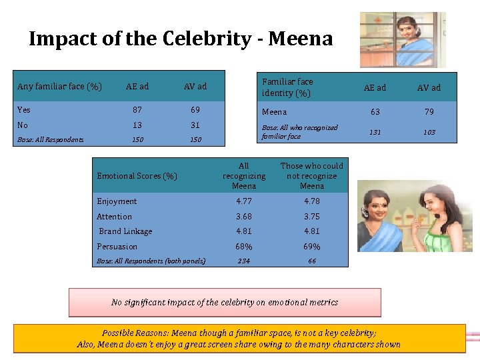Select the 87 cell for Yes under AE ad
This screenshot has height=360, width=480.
pos(137,110)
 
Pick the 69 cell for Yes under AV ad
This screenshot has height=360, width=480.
pos(195,110)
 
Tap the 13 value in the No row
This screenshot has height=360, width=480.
pos(137,125)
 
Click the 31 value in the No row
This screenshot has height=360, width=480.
pos(195,125)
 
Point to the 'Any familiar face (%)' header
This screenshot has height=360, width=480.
pos(59,86)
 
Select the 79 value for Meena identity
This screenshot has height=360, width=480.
pos(429,112)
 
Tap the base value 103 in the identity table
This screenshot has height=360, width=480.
pos(429,132)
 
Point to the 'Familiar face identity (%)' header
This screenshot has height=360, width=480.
pos(287,87)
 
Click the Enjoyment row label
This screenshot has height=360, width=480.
pos(117,201)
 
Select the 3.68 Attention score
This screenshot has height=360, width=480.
pos(243,217)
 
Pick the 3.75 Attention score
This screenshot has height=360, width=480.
pos(311,217)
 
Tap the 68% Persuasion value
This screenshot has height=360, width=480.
pos(243,247)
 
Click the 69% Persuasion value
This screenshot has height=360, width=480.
pos(311,247)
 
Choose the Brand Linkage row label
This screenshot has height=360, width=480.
pos(125,231)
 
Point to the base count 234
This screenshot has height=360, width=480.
pos(243,261)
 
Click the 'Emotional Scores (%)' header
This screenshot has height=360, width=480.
pos(137,176)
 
